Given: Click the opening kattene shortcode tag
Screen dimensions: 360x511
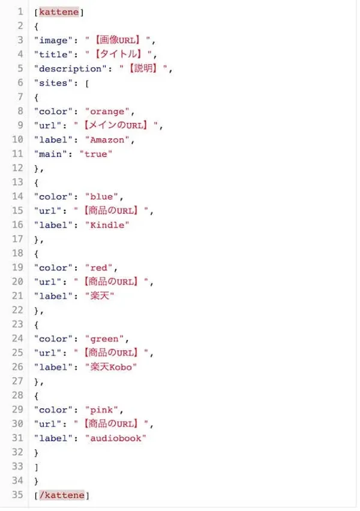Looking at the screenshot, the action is [x=59, y=12].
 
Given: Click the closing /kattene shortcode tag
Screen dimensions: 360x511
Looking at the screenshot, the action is [x=62, y=495].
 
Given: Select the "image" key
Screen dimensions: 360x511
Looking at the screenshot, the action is [x=53, y=40].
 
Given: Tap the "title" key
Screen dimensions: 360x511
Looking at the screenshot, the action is [x=53, y=55].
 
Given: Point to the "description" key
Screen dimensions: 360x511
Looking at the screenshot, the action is [x=70, y=69].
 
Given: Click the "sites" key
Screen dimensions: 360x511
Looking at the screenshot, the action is [x=53, y=83].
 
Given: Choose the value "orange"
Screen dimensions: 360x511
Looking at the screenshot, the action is [x=107, y=112].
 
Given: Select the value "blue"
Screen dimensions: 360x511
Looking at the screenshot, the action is [x=101, y=196].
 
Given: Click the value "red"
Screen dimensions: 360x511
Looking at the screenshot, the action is [x=98, y=268].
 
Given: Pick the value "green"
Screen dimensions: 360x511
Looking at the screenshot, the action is [x=104, y=339].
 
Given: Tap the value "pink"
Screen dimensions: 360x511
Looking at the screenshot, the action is [x=101, y=410].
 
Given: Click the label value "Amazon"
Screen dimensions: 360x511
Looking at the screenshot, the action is [x=107, y=140].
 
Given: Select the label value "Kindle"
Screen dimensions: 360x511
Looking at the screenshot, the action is [x=107, y=225].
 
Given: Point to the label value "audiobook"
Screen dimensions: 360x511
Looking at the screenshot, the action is [x=116, y=438].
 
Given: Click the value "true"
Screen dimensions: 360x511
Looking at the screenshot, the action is [x=95, y=154].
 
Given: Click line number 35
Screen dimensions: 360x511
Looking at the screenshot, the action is [x=17, y=495].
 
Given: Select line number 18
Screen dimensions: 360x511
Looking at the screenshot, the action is [x=17, y=253].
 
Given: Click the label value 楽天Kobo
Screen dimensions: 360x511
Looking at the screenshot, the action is [x=111, y=367].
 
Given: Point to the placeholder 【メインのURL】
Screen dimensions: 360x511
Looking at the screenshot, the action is [x=116, y=125].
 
